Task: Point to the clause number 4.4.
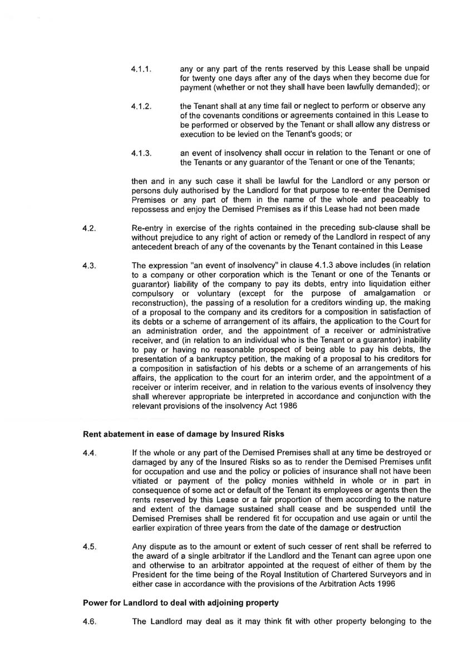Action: click(x=90, y=455)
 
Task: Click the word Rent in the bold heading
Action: click(x=92, y=433)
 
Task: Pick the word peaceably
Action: click(x=397, y=199)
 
